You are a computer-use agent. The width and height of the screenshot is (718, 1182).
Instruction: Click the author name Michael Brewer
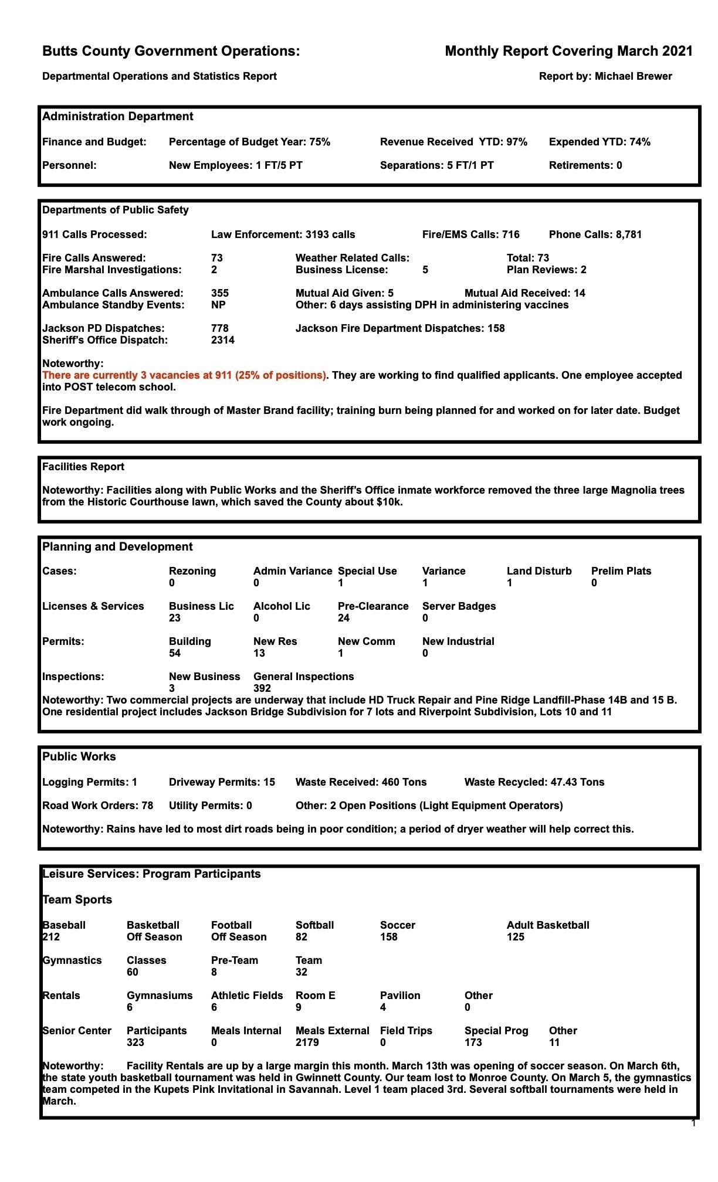click(633, 76)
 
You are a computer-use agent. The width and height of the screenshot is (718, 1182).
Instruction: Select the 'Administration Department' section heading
click(117, 117)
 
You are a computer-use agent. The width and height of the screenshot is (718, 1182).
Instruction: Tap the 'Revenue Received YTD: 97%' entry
click(453, 142)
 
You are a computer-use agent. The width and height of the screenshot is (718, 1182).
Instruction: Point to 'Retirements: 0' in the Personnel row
click(585, 165)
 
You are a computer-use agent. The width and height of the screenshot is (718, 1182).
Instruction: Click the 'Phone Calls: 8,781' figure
click(595, 235)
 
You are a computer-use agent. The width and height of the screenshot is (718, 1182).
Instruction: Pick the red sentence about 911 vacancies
click(184, 375)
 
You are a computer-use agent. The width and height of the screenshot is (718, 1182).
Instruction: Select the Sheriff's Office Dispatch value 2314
click(222, 340)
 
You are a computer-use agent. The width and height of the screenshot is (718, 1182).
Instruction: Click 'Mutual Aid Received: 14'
click(524, 293)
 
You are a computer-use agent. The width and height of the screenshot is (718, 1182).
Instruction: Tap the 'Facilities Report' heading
click(83, 467)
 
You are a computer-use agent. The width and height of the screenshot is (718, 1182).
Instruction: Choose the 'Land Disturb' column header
click(538, 571)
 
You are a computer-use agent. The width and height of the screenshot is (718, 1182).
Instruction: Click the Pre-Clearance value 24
click(343, 618)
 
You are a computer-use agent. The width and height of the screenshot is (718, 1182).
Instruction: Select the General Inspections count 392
click(262, 688)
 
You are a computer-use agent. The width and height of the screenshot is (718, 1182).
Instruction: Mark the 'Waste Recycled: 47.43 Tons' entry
click(534, 782)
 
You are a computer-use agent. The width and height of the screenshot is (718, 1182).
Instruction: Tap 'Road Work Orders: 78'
click(97, 806)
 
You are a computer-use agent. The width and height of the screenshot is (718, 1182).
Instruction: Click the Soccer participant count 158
click(388, 937)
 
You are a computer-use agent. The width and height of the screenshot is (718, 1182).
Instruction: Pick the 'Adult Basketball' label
click(547, 925)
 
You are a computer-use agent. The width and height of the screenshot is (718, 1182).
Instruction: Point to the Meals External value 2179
click(307, 1042)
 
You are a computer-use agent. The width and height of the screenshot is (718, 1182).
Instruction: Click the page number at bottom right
click(693, 1123)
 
